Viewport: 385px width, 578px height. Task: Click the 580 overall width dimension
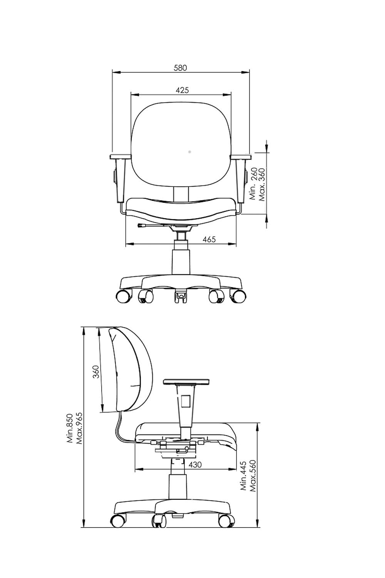[x=180, y=67]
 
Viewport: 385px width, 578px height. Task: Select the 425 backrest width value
[x=182, y=90]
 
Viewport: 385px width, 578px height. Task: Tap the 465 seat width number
[x=209, y=239]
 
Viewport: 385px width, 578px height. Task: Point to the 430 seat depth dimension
[x=195, y=465]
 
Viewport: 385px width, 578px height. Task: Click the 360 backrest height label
[x=96, y=371]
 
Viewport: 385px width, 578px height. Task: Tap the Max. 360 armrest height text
[x=261, y=185]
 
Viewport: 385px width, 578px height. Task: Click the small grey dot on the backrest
[x=189, y=152]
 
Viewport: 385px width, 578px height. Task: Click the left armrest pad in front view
[x=121, y=156]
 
